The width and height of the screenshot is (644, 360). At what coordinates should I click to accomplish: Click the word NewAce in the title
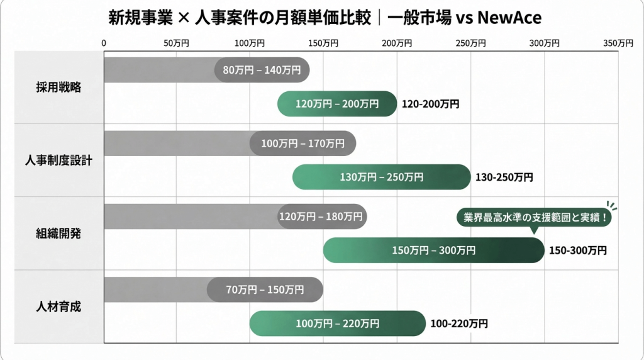click(509, 18)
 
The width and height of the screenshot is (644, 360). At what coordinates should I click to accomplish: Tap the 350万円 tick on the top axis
click(618, 43)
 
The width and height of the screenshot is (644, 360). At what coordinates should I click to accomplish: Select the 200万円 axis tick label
click(397, 43)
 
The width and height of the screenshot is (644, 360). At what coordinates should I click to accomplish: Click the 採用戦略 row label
click(58, 87)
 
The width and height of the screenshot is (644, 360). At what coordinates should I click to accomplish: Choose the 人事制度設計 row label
click(58, 160)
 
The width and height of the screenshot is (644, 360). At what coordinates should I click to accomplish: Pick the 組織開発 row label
click(58, 233)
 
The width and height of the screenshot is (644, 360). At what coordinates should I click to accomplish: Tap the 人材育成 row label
click(58, 307)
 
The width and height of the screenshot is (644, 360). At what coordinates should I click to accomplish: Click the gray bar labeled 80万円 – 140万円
click(262, 70)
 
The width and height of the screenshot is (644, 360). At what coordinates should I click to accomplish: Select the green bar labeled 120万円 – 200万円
click(337, 104)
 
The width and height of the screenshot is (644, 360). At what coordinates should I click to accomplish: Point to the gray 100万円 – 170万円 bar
click(303, 143)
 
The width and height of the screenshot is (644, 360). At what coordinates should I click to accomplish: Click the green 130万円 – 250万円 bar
click(381, 177)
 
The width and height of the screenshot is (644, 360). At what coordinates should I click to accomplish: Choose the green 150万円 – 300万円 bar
click(433, 250)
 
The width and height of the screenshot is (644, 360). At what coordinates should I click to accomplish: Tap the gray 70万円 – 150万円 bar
click(265, 290)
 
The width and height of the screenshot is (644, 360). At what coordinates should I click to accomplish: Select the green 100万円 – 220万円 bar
click(337, 323)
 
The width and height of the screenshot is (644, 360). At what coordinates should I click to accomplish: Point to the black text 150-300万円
click(578, 250)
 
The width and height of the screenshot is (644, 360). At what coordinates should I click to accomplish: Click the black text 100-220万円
click(459, 324)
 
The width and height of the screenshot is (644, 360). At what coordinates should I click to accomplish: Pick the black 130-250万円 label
click(504, 177)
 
